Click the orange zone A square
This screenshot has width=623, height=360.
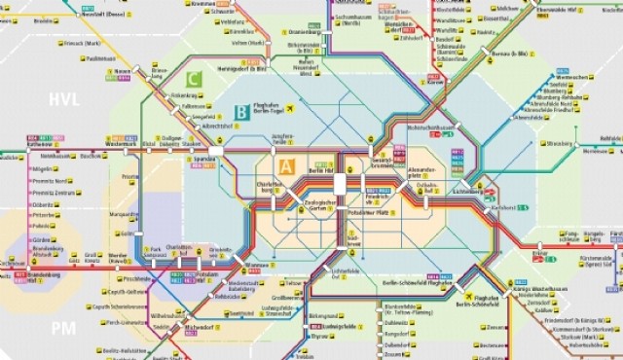click(286, 166)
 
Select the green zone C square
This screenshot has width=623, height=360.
click(195, 78)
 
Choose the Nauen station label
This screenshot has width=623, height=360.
click(123, 72)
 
